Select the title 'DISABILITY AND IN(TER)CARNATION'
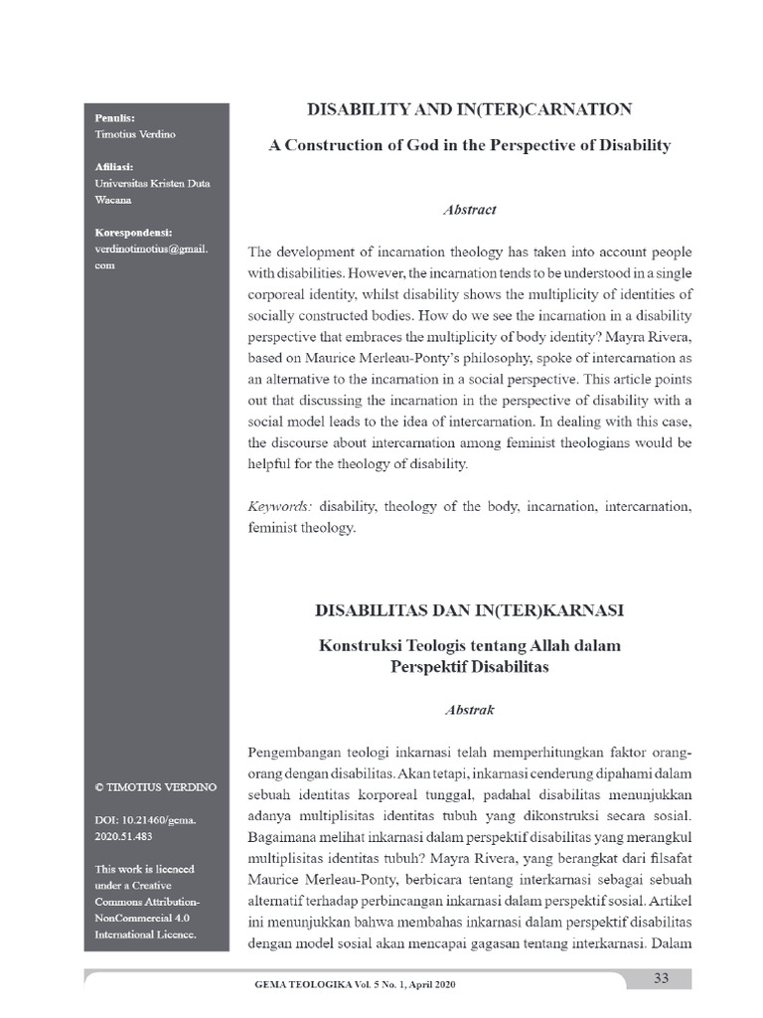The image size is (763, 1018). [470, 109]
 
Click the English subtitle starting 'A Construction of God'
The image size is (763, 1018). [470, 145]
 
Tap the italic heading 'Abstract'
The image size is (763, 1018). [469, 210]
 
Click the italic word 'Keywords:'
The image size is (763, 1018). [279, 507]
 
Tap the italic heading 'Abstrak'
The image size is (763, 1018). [469, 711]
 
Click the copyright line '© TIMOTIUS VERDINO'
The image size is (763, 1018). [156, 786]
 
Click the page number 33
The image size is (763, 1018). [660, 978]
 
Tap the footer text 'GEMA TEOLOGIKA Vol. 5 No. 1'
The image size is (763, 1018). [357, 984]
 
